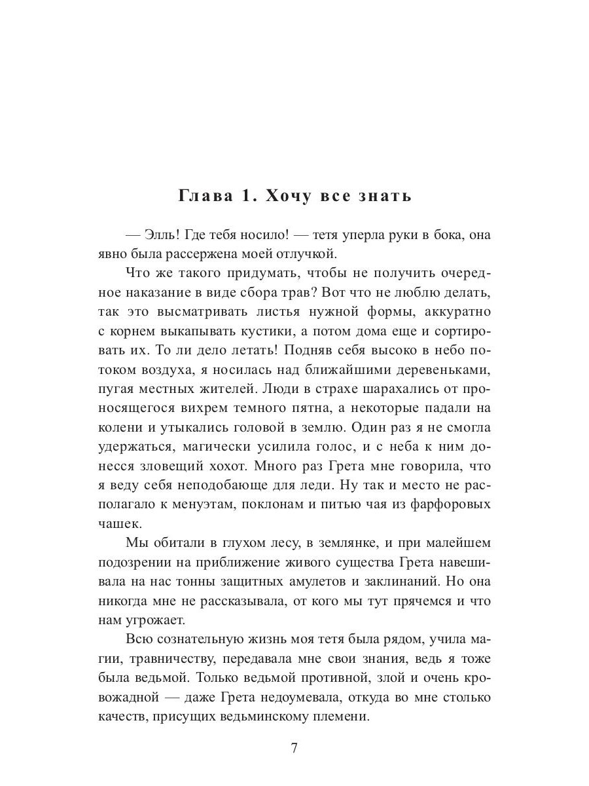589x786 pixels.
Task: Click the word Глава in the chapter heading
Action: [x=204, y=196]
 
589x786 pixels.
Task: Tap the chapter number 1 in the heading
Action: [x=251, y=196]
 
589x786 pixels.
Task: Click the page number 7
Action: [x=294, y=749]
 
